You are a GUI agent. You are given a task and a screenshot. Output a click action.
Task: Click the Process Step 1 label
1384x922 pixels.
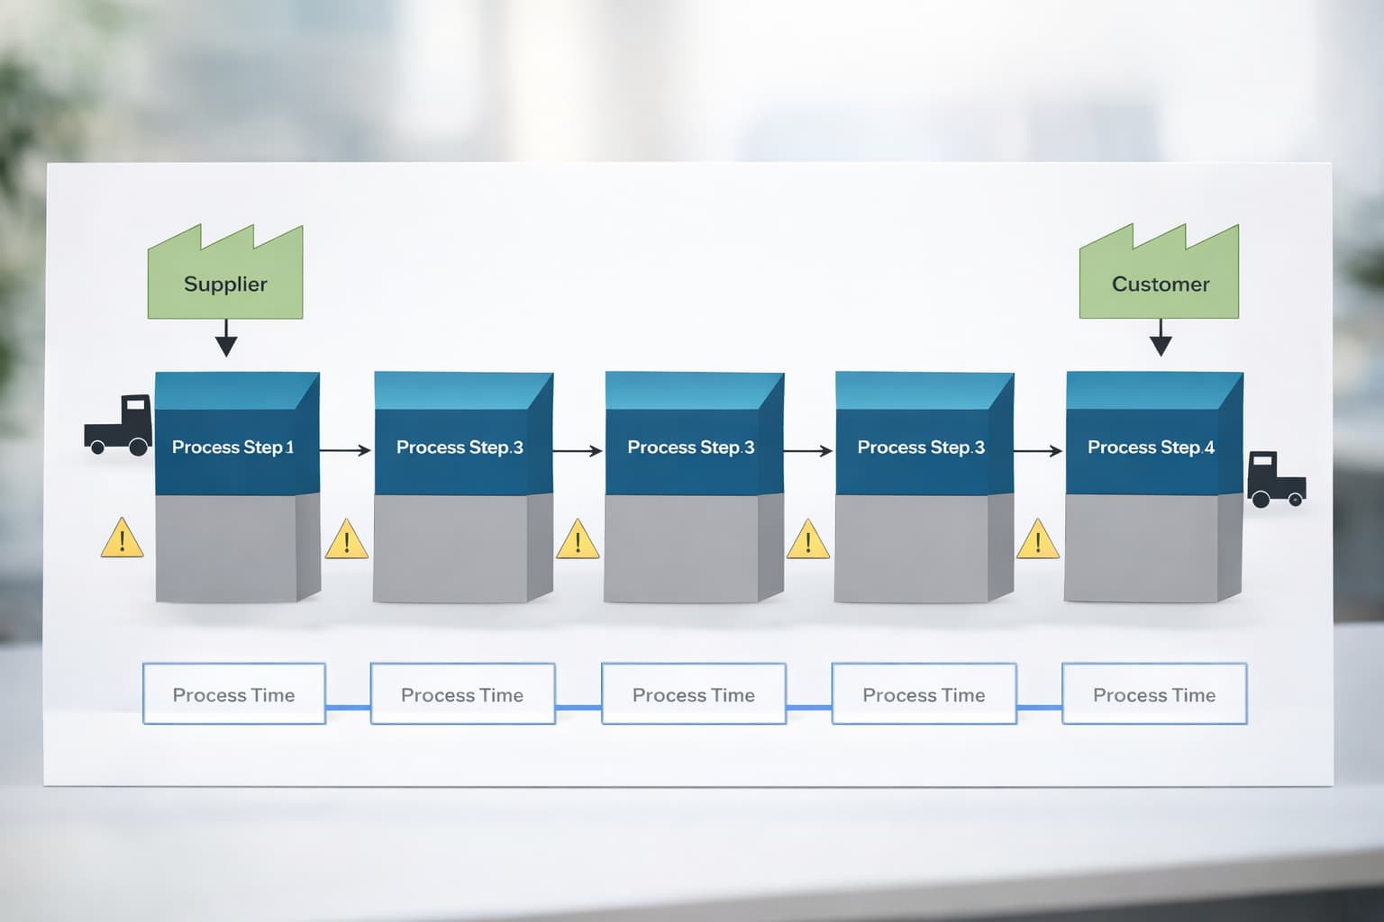coord(232,447)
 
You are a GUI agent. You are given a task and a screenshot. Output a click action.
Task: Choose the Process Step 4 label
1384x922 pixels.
coord(1151,447)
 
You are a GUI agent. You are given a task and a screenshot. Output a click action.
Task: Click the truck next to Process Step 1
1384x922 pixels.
coord(118,425)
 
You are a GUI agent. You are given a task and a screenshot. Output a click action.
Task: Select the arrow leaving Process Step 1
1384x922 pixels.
coord(345,450)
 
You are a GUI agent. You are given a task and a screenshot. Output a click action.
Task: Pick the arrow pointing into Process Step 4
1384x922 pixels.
coord(1038,450)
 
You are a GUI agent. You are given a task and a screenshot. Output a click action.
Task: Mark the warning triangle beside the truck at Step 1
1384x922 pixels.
coord(122,540)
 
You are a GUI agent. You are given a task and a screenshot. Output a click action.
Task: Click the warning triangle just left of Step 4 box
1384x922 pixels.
coord(1038,540)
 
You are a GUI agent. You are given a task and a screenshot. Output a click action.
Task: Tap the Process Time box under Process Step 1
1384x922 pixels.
coord(233,694)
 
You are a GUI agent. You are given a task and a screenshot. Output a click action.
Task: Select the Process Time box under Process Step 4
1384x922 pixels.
coord(1154,694)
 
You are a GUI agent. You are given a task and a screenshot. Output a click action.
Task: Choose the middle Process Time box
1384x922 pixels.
coord(693,694)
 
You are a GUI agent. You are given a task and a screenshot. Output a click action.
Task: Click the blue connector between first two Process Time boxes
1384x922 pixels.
coord(348,708)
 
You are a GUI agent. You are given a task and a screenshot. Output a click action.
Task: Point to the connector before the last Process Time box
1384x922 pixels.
coord(1040,708)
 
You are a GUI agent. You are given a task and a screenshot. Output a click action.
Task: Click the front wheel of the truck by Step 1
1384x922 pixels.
coord(139,447)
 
